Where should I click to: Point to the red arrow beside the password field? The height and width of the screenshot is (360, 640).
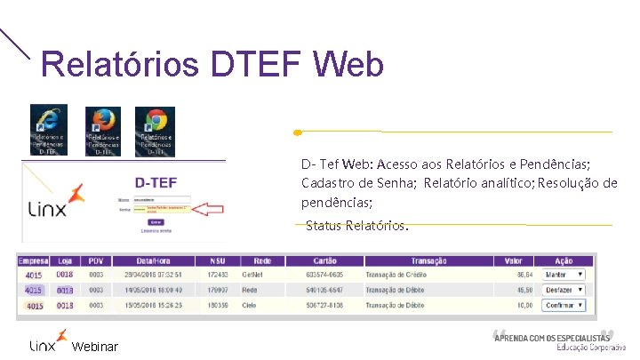pos(206,209)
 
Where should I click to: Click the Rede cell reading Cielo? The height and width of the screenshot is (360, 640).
pos(252,306)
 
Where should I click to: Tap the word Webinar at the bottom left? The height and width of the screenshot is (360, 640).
pos(94,346)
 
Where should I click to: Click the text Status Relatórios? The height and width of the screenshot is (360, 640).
pos(356,226)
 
